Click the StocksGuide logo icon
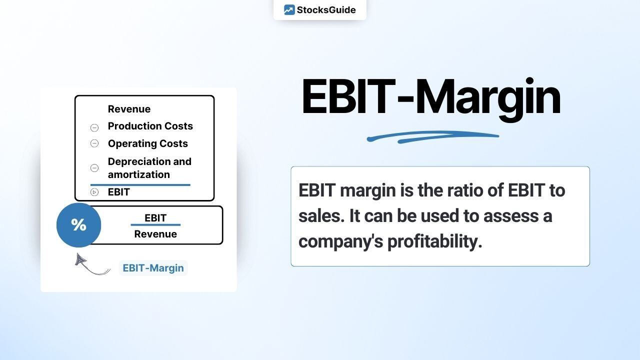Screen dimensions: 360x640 point(289,10)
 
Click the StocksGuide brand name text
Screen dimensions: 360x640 point(326,10)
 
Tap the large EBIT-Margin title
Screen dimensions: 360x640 point(430,97)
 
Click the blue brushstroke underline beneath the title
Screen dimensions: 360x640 point(432,136)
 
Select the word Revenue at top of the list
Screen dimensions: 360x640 point(129,109)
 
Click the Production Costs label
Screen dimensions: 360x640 point(150,126)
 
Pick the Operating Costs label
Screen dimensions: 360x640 point(147,143)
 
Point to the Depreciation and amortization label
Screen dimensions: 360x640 point(149,168)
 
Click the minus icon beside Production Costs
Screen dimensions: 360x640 point(94,127)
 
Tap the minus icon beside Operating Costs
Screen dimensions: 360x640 point(94,143)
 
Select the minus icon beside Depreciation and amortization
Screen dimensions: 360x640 point(94,168)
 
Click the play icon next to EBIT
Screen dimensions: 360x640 point(94,192)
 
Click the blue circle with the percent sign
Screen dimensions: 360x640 point(78,225)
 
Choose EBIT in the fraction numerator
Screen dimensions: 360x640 point(155,218)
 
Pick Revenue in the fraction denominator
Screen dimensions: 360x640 point(155,234)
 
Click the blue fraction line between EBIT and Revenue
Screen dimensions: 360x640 point(155,225)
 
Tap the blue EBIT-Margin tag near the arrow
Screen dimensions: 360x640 point(153,268)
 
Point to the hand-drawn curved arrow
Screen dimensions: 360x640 point(90,266)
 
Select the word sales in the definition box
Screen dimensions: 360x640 point(320,216)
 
